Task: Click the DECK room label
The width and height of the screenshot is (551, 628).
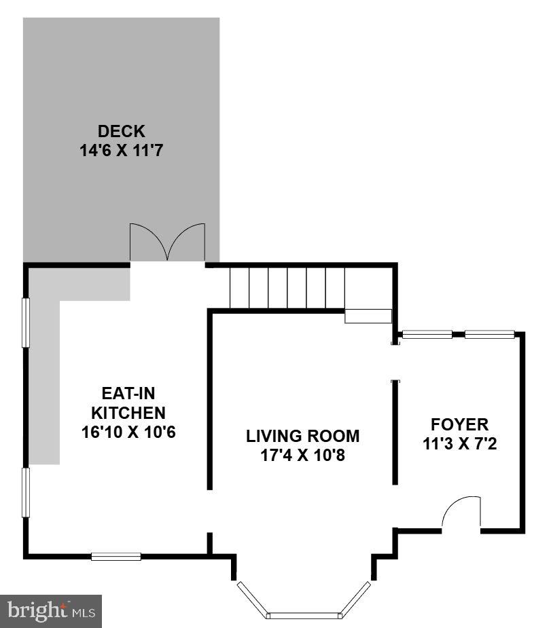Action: click(122, 131)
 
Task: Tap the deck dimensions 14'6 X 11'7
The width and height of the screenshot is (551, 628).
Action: click(122, 150)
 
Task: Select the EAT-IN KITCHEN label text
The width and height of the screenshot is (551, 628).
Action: click(128, 402)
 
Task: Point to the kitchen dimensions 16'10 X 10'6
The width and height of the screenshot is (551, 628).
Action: click(128, 432)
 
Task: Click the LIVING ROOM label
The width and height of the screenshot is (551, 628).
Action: click(302, 436)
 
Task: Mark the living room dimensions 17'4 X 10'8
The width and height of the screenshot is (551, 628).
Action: click(302, 456)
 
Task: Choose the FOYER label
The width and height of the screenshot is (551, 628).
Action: click(459, 425)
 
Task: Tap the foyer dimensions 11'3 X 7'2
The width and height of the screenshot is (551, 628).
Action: click(459, 445)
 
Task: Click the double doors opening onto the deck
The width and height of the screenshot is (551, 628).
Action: click(167, 242)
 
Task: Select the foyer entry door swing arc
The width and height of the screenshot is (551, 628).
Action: click(461, 512)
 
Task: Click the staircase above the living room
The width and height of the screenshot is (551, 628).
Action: click(287, 288)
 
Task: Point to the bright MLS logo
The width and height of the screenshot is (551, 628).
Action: click(52, 611)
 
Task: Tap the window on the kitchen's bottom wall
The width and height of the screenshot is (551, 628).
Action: click(116, 557)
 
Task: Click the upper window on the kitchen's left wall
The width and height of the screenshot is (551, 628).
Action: click(26, 323)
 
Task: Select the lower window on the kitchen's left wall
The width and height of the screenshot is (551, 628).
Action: click(26, 492)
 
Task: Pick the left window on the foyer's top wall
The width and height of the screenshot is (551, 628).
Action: click(427, 334)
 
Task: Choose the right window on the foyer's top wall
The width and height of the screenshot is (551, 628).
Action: click(489, 334)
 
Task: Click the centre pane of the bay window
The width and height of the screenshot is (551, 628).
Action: click(304, 616)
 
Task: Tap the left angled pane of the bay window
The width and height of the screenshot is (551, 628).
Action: click(251, 599)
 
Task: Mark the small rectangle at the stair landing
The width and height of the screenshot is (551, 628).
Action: click(368, 316)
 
